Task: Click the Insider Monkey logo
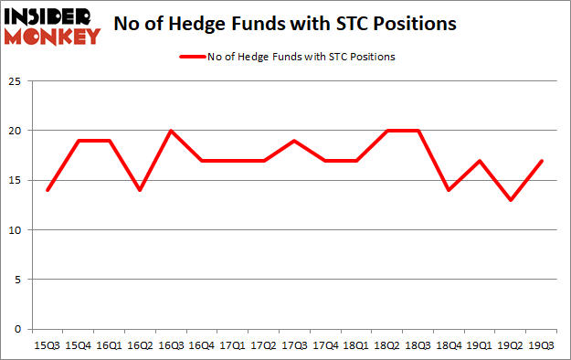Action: click(53, 25)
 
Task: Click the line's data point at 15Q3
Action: click(47, 190)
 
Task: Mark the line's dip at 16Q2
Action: click(140, 190)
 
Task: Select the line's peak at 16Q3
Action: click(171, 131)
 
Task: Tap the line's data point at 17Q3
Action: click(294, 141)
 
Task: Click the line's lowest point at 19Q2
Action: click(510, 200)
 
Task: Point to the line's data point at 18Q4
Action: click(449, 190)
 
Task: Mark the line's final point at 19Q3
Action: click(541, 161)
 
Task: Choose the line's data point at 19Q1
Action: click(480, 161)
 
